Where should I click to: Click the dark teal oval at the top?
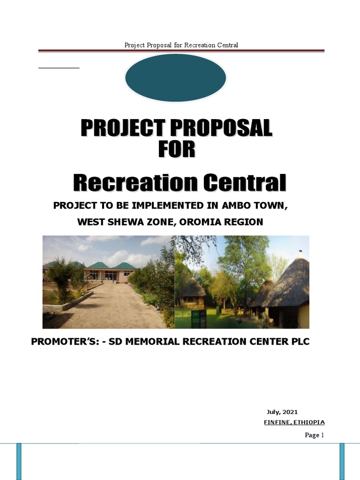tap(175, 78)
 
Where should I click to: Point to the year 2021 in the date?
tap(290, 412)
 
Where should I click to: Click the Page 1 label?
tap(315, 435)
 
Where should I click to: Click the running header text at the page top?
tap(181, 45)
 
